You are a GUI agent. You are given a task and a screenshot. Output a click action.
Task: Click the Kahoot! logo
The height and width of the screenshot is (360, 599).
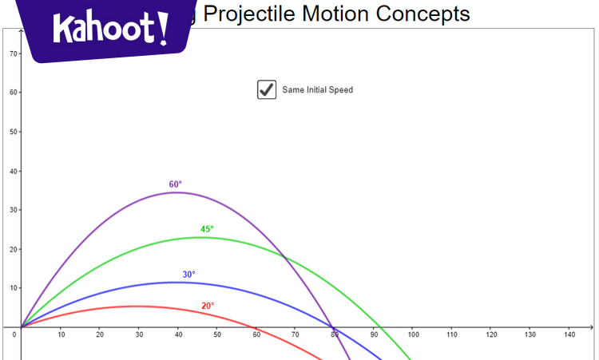click(111, 30)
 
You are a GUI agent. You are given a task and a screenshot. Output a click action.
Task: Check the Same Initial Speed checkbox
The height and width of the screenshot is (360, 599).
click(267, 89)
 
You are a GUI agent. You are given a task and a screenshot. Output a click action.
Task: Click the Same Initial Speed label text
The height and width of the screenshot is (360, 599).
click(317, 90)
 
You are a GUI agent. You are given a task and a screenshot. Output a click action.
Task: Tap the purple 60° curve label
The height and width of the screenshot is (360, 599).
click(176, 184)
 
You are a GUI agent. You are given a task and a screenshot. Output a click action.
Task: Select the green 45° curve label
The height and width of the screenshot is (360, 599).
click(207, 229)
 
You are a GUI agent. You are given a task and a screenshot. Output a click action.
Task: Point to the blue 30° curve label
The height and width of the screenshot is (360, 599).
click(188, 275)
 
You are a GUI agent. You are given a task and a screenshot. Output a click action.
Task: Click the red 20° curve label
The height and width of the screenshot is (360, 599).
click(208, 306)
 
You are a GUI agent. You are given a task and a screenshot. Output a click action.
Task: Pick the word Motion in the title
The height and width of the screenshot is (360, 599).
click(339, 14)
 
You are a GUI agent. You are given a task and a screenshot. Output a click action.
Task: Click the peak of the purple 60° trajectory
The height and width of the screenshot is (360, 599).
click(176, 192)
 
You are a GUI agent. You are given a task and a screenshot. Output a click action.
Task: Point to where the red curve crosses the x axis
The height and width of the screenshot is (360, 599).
click(255, 327)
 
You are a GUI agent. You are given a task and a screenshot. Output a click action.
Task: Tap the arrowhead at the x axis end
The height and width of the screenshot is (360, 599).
click(591, 327)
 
